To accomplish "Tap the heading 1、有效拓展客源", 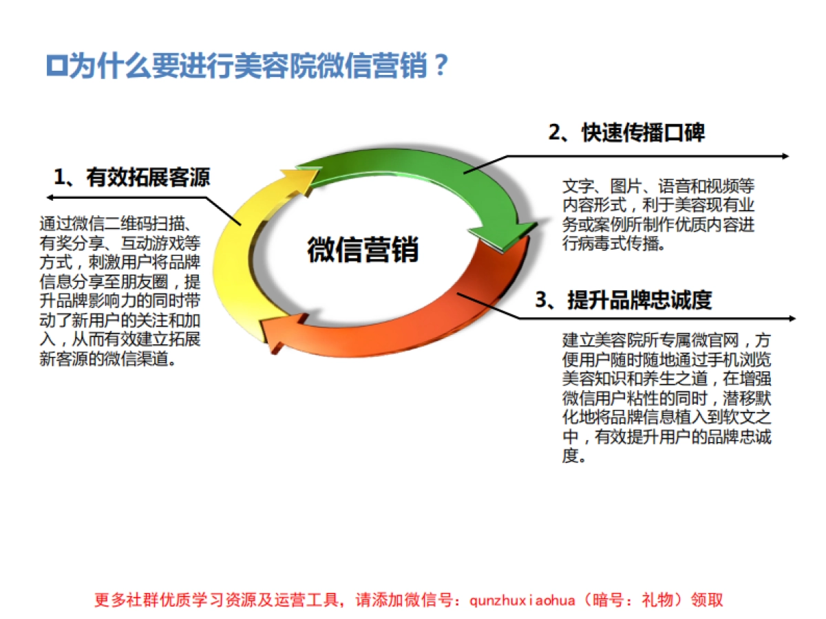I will click(131, 177).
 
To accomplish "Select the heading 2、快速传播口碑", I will click(626, 133).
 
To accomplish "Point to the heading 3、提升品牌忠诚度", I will click(623, 300).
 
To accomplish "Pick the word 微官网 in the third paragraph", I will click(718, 339).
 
